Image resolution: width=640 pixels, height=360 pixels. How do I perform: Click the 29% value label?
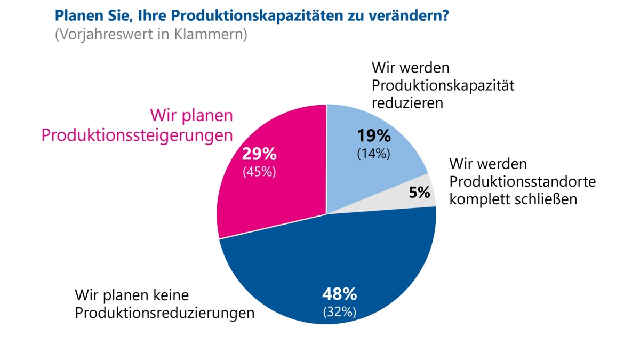pos(259,155)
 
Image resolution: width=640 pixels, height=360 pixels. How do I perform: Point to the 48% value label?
pos(339,294)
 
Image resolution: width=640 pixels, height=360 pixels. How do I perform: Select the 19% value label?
pos(373,135)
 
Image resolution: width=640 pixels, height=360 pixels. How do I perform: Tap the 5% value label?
pos(420,192)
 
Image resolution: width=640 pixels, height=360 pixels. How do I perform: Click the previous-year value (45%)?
pos(259,172)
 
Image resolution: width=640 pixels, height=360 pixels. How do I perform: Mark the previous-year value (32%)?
pos(339,312)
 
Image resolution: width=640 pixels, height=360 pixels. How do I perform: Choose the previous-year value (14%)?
pos(373,154)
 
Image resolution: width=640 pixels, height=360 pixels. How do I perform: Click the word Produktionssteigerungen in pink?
pos(138,135)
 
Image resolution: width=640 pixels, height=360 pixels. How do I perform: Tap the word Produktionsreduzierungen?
pos(164,313)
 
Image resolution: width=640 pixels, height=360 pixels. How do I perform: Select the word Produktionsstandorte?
pos(523,182)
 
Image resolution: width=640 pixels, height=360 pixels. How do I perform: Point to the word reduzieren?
pos(407,103)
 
